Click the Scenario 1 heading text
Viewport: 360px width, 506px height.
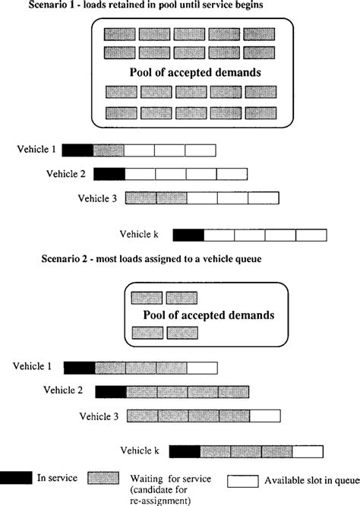(x=146, y=5)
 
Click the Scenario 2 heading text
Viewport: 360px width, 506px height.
(x=151, y=259)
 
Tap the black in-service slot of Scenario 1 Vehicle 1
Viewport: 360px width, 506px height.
(x=77, y=150)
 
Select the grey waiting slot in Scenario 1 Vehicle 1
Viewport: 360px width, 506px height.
(x=109, y=150)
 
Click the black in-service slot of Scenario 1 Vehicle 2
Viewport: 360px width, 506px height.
(x=109, y=174)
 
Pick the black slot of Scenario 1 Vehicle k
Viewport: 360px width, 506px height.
(x=188, y=236)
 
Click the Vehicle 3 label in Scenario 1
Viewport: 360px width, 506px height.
(x=97, y=198)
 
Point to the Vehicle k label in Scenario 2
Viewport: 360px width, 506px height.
(x=140, y=451)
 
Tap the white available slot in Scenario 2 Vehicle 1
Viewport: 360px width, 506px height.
(x=202, y=368)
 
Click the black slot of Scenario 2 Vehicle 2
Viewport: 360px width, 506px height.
(x=111, y=392)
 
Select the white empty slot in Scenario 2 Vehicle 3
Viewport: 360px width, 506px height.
(x=265, y=416)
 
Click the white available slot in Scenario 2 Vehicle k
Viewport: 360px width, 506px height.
(x=308, y=451)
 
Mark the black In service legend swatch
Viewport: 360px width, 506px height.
(x=16, y=478)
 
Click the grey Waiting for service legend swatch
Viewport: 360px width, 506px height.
(x=103, y=478)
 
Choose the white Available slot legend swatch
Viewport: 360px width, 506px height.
(x=243, y=481)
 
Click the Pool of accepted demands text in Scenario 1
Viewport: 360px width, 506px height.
(x=195, y=72)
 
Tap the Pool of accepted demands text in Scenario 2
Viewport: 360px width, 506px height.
(x=209, y=315)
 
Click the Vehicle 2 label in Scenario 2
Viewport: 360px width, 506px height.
(x=63, y=390)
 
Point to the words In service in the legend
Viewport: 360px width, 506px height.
(x=57, y=478)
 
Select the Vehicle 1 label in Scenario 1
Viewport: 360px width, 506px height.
(x=36, y=149)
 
